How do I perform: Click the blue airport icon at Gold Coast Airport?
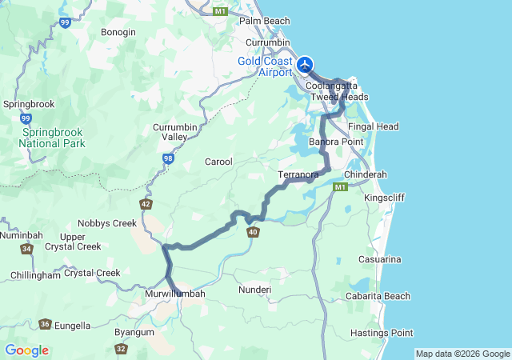(305, 64)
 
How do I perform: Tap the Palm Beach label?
(264, 21)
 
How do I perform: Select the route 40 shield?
(253, 232)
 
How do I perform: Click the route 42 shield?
(145, 204)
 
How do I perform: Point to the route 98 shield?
(168, 159)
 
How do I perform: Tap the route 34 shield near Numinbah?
(28, 249)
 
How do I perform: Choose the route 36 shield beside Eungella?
(45, 324)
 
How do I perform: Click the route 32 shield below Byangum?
(121, 349)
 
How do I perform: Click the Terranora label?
(298, 174)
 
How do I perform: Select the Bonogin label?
(118, 32)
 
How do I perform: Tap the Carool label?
(218, 162)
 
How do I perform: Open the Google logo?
(26, 350)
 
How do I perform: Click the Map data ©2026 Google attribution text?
(462, 354)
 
